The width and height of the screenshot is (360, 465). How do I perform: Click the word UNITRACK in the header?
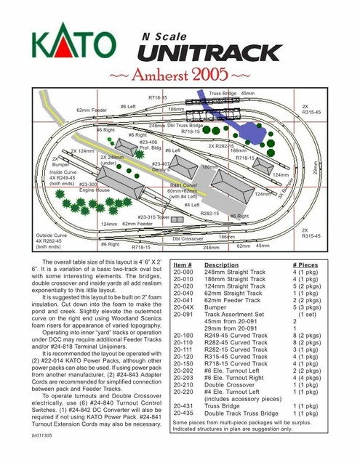(209, 52)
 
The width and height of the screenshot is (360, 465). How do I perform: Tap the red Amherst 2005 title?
(180, 76)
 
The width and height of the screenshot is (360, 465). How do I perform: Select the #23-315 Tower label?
(153, 217)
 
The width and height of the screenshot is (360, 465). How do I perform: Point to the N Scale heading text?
(165, 36)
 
